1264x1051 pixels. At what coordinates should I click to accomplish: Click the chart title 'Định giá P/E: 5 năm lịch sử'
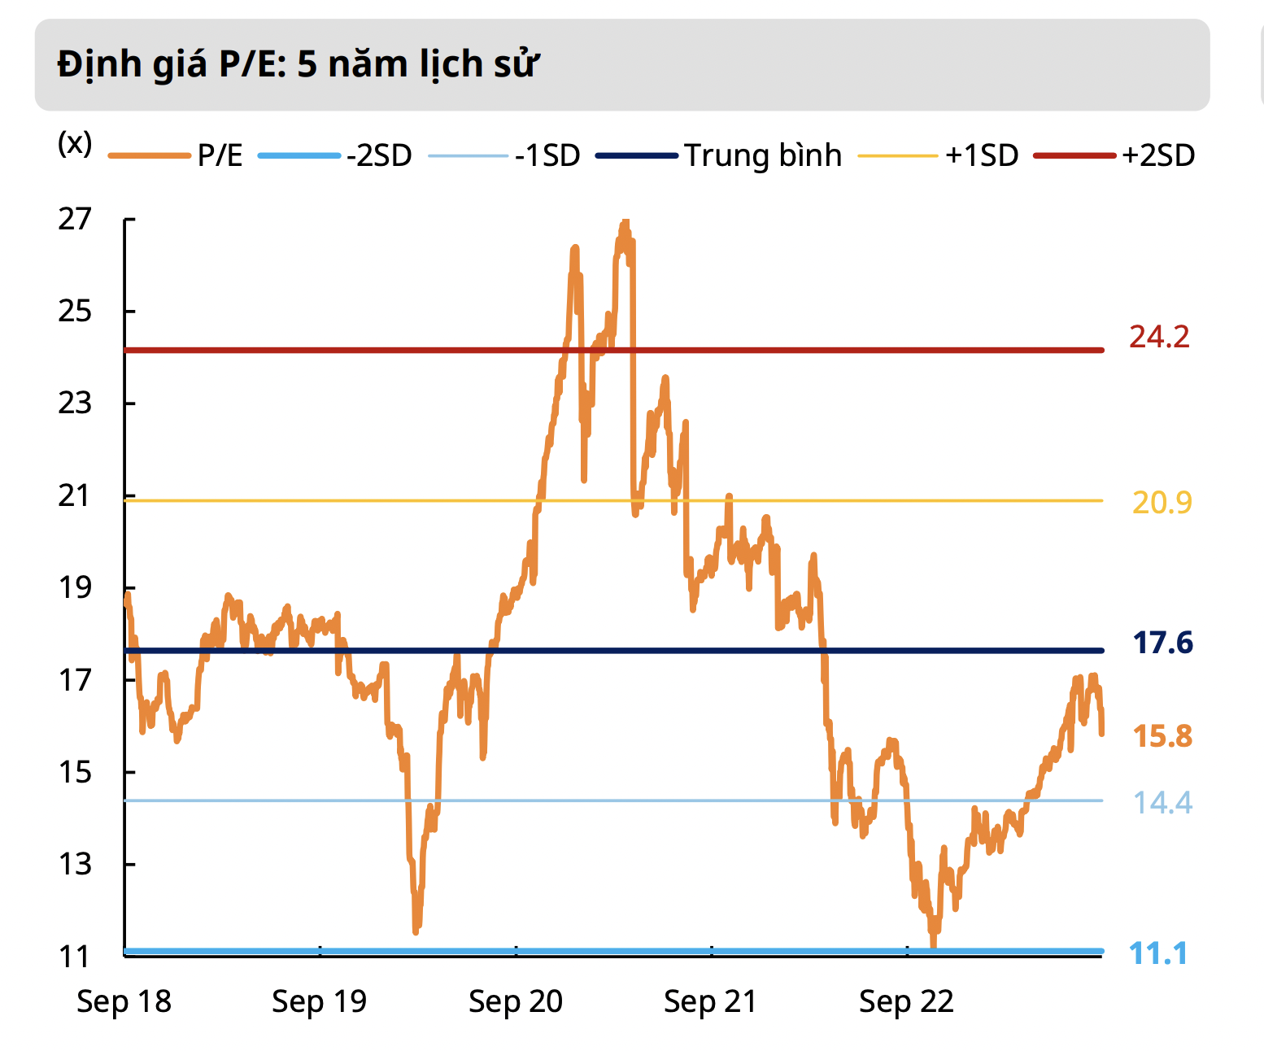[x=298, y=64]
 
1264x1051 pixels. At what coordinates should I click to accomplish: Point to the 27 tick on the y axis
[x=75, y=219]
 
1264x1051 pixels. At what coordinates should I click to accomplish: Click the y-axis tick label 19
[x=75, y=587]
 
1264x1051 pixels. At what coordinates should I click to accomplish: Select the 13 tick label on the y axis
[x=75, y=864]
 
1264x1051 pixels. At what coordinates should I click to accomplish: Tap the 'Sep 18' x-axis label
[x=124, y=1001]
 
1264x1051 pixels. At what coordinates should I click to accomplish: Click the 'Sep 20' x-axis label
[x=516, y=1001]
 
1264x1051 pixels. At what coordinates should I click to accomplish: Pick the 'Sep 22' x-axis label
[x=906, y=1001]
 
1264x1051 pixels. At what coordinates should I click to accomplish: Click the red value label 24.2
[x=1159, y=337]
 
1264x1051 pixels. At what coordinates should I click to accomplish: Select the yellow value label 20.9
[x=1162, y=503]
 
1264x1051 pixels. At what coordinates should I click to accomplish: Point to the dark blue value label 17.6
[x=1162, y=643]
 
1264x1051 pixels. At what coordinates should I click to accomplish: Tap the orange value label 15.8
[x=1162, y=736]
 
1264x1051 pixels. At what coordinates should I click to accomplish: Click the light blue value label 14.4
[x=1162, y=803]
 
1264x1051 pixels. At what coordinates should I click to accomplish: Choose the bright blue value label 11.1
[x=1158, y=953]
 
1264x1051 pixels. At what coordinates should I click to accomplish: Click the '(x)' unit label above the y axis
[x=75, y=143]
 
